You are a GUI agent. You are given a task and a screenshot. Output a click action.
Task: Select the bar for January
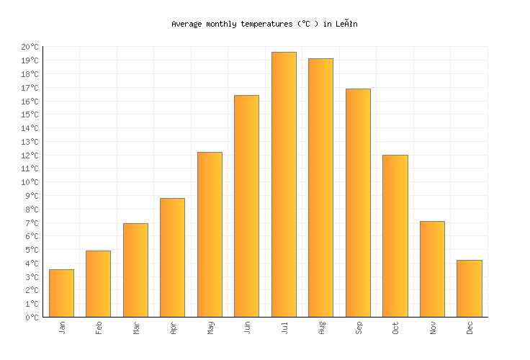[61, 293]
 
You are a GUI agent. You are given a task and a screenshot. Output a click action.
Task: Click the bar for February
[98, 284]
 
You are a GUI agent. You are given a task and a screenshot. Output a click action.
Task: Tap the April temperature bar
[172, 257]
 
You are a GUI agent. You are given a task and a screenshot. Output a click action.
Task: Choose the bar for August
[320, 187]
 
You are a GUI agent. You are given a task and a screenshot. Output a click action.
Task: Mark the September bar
[358, 202]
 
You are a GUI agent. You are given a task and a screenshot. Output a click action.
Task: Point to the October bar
[395, 235]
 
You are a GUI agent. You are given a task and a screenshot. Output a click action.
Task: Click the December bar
[469, 288]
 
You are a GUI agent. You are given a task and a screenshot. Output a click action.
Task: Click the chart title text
[264, 24]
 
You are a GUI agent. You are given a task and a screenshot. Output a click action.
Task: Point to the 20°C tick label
[30, 48]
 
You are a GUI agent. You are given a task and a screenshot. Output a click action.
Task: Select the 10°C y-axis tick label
[30, 182]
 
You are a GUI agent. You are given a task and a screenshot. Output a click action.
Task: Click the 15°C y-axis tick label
[30, 114]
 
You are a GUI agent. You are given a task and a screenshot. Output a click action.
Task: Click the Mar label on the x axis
[136, 328]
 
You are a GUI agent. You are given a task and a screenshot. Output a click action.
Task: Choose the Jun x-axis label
[247, 328]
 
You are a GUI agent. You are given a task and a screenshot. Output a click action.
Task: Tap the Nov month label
[433, 328]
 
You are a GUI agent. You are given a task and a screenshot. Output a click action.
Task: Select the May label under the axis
[210, 328]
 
